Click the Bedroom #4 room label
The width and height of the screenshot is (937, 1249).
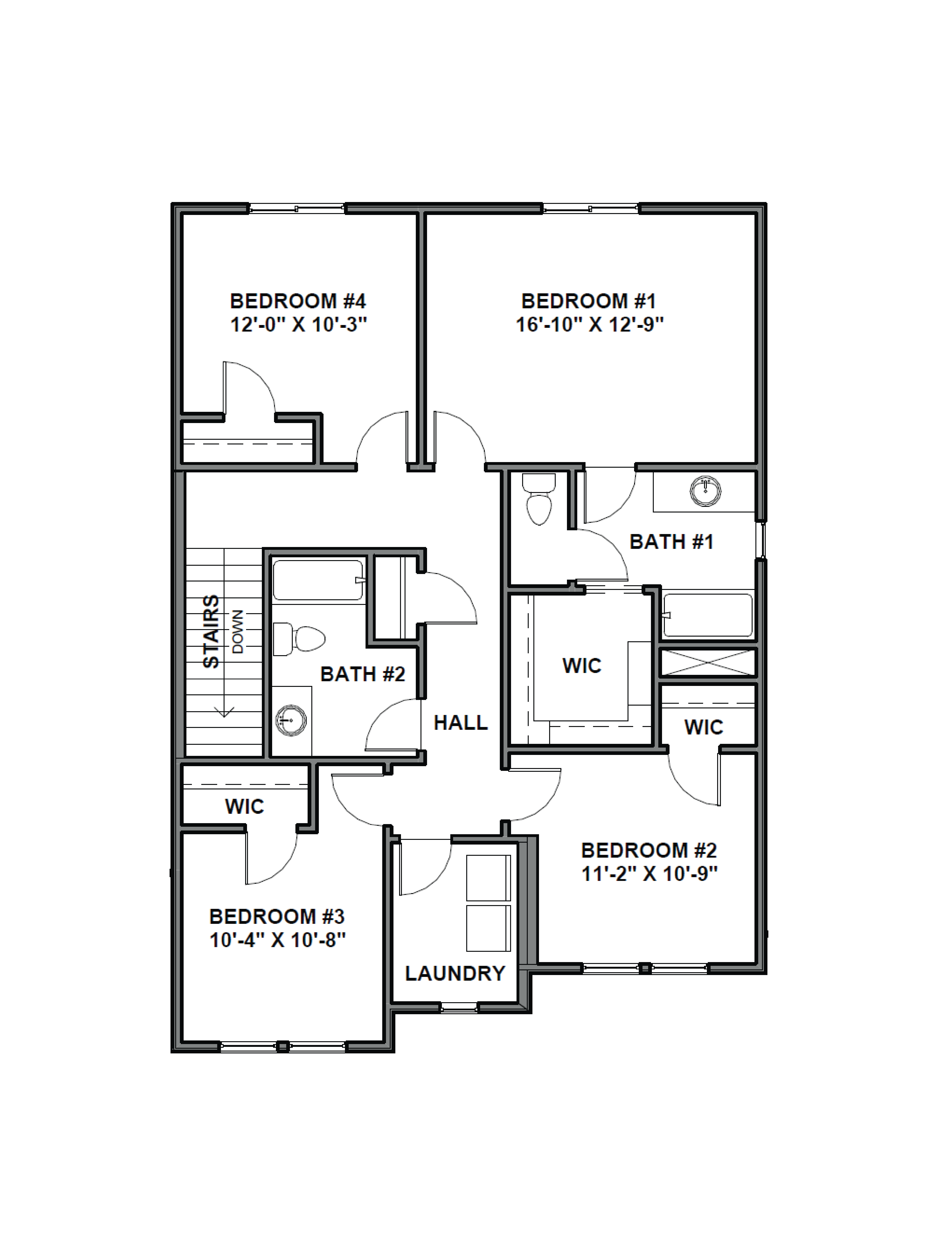click(x=298, y=301)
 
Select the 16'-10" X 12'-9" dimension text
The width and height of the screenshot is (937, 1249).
click(x=589, y=325)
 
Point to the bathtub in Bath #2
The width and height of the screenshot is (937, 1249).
click(x=318, y=580)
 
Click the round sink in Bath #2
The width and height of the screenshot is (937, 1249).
click(x=291, y=720)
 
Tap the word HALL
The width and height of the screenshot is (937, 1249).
click(x=460, y=723)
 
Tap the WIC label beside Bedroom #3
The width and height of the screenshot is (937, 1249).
click(x=245, y=806)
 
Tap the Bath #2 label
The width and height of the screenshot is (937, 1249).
click(x=363, y=674)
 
